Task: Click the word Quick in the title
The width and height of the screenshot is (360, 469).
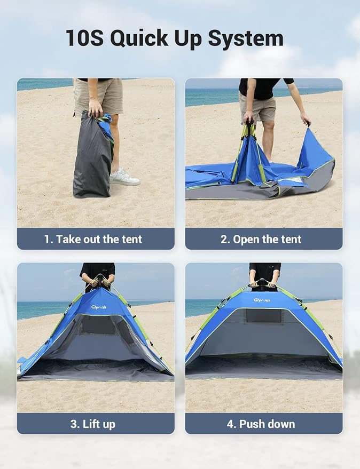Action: (x=139, y=38)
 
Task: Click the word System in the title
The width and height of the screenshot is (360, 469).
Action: (x=246, y=38)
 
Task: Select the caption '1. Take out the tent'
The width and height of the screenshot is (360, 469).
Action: (x=93, y=239)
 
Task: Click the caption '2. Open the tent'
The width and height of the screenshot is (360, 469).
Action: (x=261, y=239)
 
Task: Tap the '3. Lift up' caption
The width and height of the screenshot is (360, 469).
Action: (x=93, y=424)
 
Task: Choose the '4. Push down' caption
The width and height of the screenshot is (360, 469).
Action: (x=261, y=424)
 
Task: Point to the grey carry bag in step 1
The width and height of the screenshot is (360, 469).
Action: (x=92, y=155)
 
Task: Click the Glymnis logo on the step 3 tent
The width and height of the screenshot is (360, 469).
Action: (x=99, y=307)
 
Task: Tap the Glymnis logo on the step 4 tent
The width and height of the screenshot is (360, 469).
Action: (x=262, y=300)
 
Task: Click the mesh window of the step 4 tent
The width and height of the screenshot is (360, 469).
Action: (x=264, y=316)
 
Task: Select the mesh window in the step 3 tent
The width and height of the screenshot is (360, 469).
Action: (x=98, y=325)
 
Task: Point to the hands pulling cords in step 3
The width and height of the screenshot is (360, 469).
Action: (x=100, y=281)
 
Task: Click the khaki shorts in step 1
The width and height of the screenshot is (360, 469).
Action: (x=98, y=97)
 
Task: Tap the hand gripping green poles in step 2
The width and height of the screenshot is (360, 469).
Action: (x=248, y=117)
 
